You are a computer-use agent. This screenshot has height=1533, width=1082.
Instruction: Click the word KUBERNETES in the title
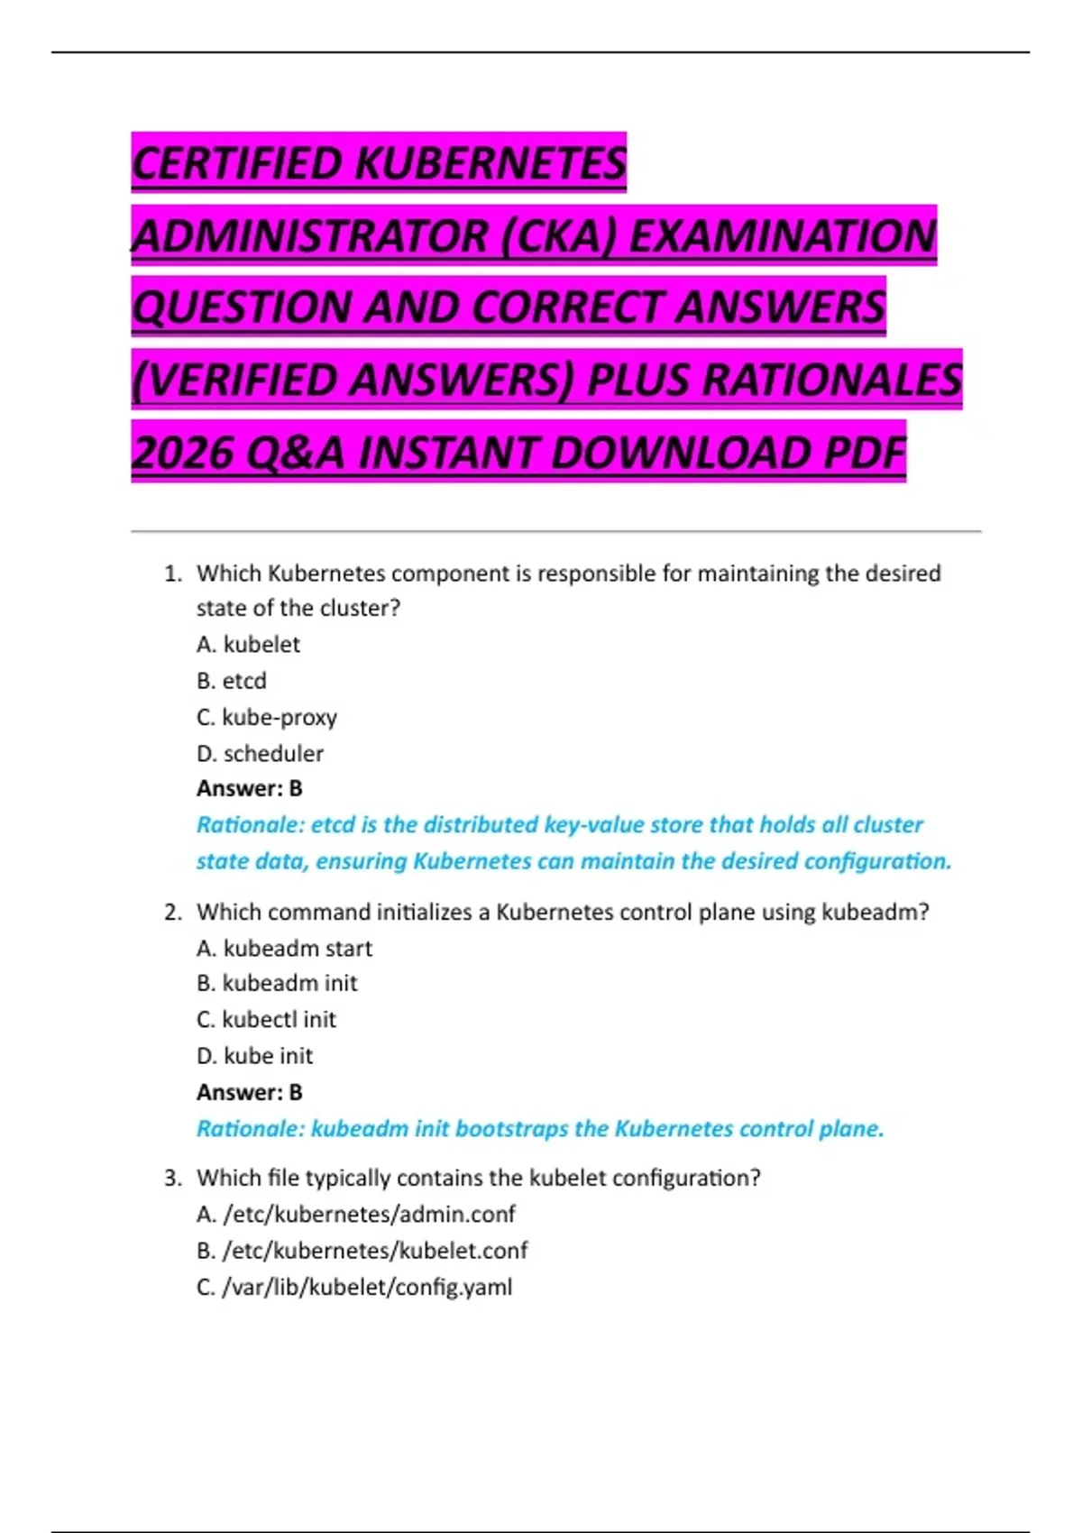click(491, 163)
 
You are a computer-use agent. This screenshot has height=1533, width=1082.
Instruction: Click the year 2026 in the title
click(184, 452)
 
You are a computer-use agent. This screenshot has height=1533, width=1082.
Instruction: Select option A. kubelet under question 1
click(248, 644)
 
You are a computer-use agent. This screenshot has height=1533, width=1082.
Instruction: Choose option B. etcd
click(231, 680)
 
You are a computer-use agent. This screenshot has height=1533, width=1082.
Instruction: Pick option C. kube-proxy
click(266, 717)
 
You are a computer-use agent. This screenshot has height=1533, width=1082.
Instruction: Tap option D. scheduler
click(260, 753)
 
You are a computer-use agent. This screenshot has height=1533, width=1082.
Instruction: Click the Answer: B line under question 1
click(249, 788)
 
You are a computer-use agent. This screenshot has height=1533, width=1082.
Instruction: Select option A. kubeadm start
click(284, 948)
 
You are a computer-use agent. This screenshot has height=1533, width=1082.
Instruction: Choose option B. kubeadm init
click(277, 983)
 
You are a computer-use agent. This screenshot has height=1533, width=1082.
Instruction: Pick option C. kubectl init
click(266, 1019)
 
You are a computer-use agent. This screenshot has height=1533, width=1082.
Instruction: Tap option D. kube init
click(254, 1055)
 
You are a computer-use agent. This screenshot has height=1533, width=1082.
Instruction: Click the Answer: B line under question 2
click(249, 1092)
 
